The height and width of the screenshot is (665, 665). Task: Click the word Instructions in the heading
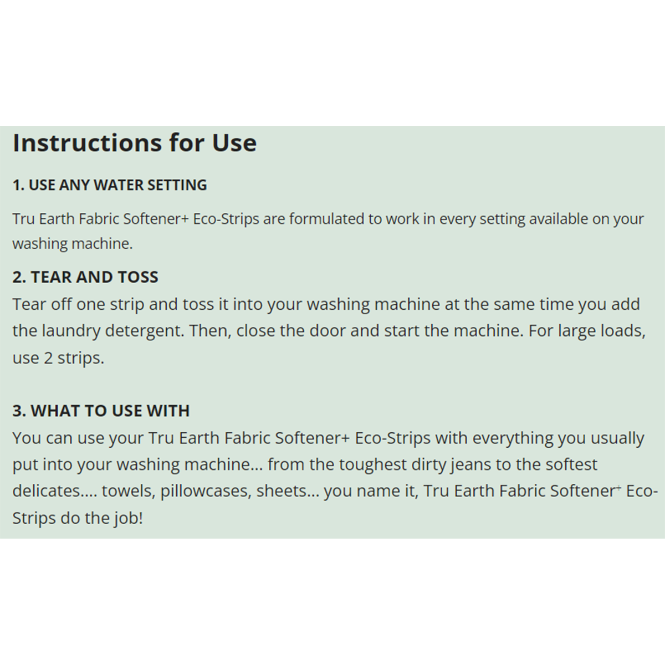87,142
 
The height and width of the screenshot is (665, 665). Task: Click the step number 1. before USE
19,185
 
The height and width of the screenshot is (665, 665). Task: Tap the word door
327,331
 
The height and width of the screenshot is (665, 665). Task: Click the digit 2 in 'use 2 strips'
48,358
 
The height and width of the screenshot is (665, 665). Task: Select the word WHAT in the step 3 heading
55,411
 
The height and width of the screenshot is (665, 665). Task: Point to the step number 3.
19,411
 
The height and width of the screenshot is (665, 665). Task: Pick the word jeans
471,465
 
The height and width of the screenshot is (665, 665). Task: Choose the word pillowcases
206,492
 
